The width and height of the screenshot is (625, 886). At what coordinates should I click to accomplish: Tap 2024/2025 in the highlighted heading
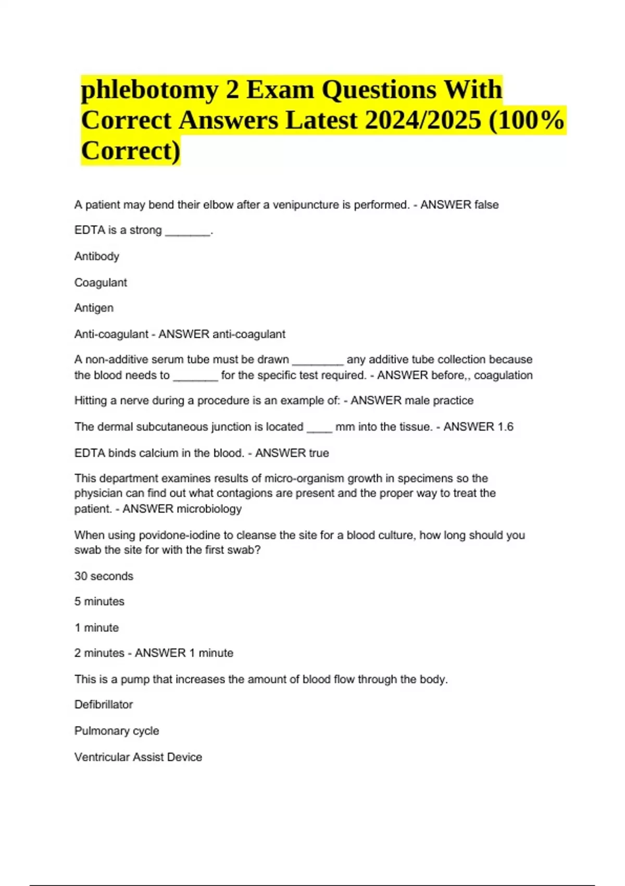tap(423, 120)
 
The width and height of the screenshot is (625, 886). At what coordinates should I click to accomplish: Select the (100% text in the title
tap(527, 120)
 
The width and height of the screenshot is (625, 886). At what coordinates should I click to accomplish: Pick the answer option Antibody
tap(97, 256)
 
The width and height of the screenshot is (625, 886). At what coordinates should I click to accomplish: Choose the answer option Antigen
tap(94, 308)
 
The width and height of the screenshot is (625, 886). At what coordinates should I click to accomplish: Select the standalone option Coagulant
tap(101, 282)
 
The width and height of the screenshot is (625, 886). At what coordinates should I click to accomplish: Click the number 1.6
tap(505, 427)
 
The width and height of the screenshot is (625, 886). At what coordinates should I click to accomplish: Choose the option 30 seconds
tap(104, 576)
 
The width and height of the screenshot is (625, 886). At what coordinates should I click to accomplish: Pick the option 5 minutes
tap(99, 601)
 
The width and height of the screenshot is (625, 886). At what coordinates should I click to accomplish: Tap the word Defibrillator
tap(104, 705)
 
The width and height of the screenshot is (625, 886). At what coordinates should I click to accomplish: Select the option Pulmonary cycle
tap(117, 731)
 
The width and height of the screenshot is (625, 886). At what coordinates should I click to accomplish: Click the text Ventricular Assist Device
tap(138, 757)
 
